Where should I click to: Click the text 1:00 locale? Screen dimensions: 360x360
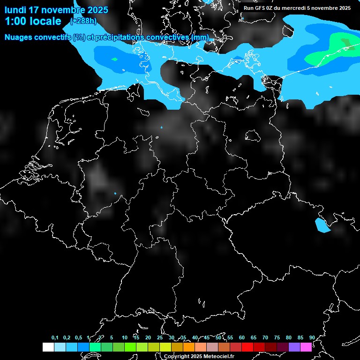(x=32, y=21)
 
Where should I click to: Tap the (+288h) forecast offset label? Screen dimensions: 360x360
(x=83, y=21)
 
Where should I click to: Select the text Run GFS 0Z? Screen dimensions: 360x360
(x=258, y=7)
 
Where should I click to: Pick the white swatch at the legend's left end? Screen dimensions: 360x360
(x=48, y=347)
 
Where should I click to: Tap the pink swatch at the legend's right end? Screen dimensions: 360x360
(x=306, y=347)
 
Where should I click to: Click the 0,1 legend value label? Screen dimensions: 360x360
(x=55, y=338)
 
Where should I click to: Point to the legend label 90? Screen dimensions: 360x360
(x=312, y=338)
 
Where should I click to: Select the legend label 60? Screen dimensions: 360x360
(x=241, y=338)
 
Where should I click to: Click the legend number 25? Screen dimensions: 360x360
(x=159, y=338)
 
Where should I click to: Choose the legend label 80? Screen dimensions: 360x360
(x=288, y=338)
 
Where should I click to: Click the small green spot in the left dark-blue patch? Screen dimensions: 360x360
(x=114, y=59)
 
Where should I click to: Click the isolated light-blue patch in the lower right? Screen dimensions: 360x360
(x=322, y=225)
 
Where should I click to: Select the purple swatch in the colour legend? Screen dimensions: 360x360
(x=294, y=347)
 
